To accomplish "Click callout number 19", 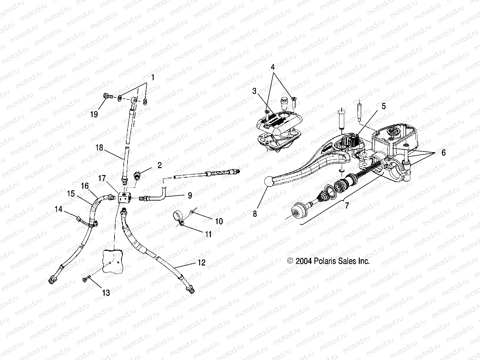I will [94, 114].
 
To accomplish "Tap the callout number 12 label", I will [201, 263].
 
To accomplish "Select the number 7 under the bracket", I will [347, 205].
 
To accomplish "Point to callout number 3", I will [254, 91].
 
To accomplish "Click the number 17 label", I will [102, 178].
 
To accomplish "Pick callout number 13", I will [106, 293].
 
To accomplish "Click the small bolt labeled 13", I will [86, 279].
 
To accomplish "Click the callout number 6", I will [443, 153].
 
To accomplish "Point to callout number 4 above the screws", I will [273, 67].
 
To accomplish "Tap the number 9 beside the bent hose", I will [190, 195].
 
